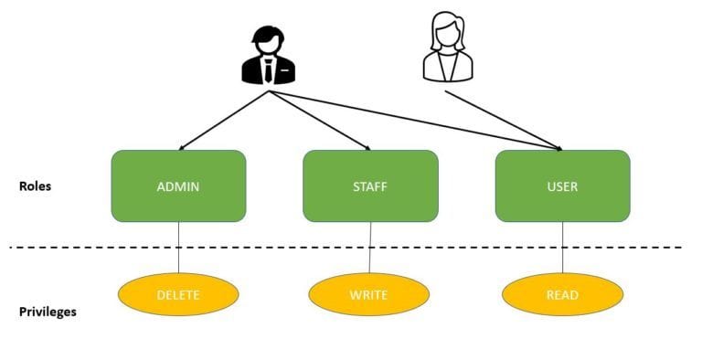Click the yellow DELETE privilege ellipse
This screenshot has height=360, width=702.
178,294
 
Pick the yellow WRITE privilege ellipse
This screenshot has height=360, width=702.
369,294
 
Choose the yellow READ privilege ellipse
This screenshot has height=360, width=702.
562,294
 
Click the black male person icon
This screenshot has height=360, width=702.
268,55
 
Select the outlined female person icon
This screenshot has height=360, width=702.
447,50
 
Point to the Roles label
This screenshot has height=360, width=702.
35,186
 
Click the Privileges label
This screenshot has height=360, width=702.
48,312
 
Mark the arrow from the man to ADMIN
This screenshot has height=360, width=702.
224,120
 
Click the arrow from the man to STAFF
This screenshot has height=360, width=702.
320,120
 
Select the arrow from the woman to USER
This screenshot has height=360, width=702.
503,120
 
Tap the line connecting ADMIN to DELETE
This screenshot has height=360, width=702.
178,247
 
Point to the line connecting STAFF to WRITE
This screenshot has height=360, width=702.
370,247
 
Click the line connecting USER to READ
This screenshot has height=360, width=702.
563,247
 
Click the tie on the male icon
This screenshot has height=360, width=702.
268,69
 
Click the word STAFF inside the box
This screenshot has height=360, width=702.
370,187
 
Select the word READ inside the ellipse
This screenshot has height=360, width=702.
562,295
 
